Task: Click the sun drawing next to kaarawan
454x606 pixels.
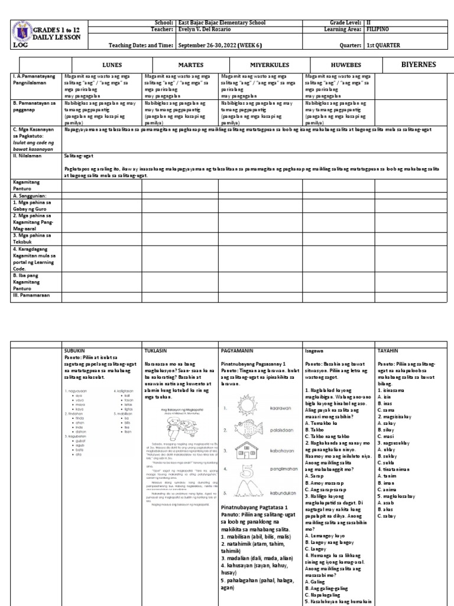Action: (x=244, y=408)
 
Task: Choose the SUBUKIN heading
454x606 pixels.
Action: (x=75, y=350)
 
